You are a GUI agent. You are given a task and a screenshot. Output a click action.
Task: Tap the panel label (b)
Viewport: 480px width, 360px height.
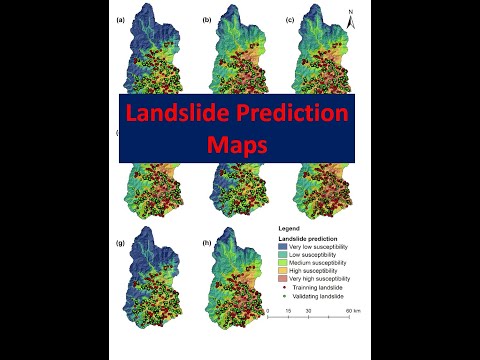click(207, 19)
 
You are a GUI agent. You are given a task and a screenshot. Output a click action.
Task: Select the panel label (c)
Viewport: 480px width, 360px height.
click(289, 19)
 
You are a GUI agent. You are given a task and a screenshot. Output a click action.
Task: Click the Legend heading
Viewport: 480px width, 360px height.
click(287, 229)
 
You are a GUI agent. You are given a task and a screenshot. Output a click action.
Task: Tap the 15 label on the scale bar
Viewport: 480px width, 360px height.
click(287, 312)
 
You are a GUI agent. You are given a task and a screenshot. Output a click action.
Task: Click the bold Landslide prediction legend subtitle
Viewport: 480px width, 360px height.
click(309, 238)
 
